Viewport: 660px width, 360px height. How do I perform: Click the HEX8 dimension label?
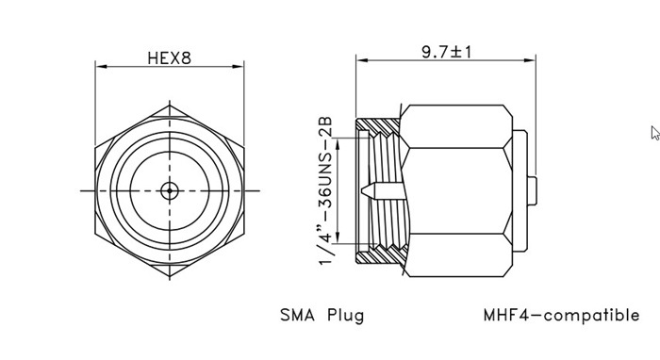pos(169,58)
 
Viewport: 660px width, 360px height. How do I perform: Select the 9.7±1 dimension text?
pos(447,52)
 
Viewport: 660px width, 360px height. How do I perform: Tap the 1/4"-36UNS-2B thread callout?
pos(326,190)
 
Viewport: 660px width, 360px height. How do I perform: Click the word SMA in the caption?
pos(297,315)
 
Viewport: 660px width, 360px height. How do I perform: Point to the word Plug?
pos(346,316)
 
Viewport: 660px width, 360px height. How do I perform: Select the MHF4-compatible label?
pos(561,315)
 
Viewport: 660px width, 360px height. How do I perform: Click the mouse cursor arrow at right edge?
pos(655,133)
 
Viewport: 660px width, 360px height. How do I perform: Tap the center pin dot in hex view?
pos(170,190)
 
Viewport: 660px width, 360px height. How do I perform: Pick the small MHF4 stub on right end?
pos(532,191)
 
